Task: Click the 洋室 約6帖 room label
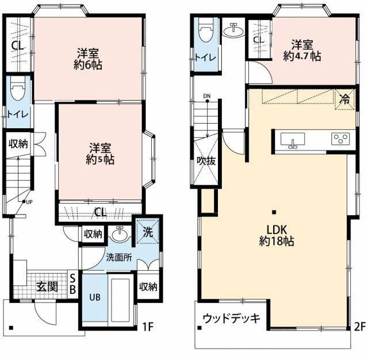[88, 59]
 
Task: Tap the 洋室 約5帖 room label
[100, 154]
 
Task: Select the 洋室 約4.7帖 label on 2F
[302, 51]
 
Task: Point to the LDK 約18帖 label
[277, 235]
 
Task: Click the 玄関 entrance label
[47, 286]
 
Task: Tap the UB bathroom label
[95, 297]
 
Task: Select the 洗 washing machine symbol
[148, 232]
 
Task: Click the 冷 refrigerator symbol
[344, 99]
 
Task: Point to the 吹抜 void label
[206, 161]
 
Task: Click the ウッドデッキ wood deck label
[231, 319]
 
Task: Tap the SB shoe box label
[73, 285]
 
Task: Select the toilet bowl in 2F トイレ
[206, 30]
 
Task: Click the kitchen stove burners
[340, 139]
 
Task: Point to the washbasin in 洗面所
[120, 234]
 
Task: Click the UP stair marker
[28, 202]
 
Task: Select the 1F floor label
[148, 327]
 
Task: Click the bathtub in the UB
[120, 300]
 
